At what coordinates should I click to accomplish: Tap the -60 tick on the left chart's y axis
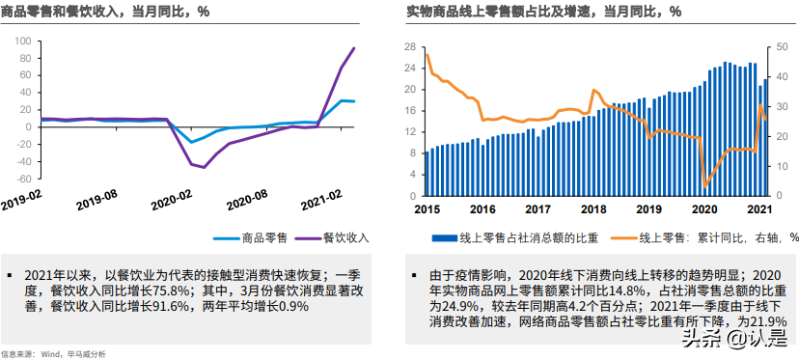click(22, 179)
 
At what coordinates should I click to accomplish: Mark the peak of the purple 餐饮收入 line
click(354, 48)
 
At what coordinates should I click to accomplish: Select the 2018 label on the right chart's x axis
click(593, 208)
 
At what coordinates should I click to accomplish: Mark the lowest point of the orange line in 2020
click(705, 185)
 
